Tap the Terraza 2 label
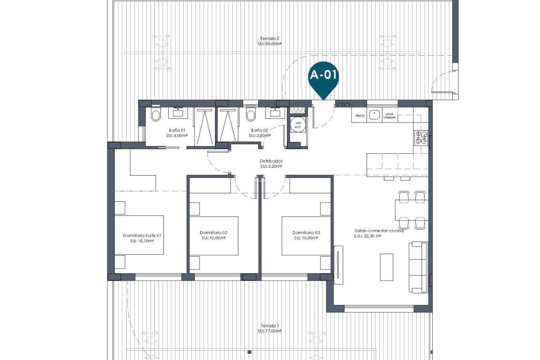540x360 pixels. pyautogui.click(x=269, y=39)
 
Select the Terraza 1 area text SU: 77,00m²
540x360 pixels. pyautogui.click(x=269, y=331)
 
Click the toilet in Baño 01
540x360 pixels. pyautogui.click(x=156, y=115)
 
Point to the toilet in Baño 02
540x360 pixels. pyautogui.click(x=250, y=115)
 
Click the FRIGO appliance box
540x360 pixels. pyautogui.click(x=360, y=116)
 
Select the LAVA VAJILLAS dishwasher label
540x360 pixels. pyautogui.click(x=390, y=116)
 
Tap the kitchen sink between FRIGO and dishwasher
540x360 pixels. pyautogui.click(x=375, y=115)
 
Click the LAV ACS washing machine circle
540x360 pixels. pyautogui.click(x=298, y=125)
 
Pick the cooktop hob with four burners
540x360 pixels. pyautogui.click(x=421, y=138)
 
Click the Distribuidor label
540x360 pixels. pyautogui.click(x=271, y=161)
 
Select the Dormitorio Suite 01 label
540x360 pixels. pyautogui.click(x=142, y=235)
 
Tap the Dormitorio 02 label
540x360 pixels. pyautogui.click(x=213, y=233)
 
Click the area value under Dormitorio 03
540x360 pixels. pyautogui.click(x=306, y=238)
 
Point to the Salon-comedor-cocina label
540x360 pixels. pyautogui.click(x=379, y=231)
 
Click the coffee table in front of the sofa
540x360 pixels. pyautogui.click(x=386, y=267)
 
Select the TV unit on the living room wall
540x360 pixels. pyautogui.click(x=339, y=265)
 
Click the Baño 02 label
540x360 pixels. pyautogui.click(x=259, y=130)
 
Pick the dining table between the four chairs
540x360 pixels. pyautogui.click(x=411, y=210)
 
